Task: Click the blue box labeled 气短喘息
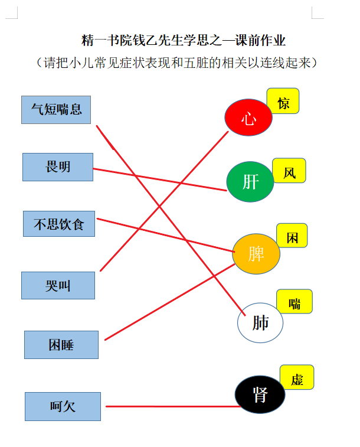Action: click(56, 110)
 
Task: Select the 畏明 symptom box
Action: click(58, 167)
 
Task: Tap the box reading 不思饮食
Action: click(59, 224)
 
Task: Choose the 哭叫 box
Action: click(58, 285)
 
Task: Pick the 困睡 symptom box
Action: click(61, 345)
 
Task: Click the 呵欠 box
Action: click(63, 406)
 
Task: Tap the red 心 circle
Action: click(248, 118)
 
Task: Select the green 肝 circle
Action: click(250, 182)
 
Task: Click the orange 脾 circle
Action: click(256, 254)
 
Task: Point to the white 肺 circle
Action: click(260, 323)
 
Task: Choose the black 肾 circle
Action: click(260, 394)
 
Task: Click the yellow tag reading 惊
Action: click(283, 101)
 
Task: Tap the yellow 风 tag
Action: click(289, 171)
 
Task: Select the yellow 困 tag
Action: click(292, 236)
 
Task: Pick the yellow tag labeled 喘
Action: click(294, 301)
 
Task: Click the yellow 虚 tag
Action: click(297, 377)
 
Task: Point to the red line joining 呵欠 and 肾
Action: click(173, 406)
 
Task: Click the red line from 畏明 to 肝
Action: click(160, 180)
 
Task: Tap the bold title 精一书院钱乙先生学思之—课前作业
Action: click(184, 40)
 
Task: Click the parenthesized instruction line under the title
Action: click(176, 63)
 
